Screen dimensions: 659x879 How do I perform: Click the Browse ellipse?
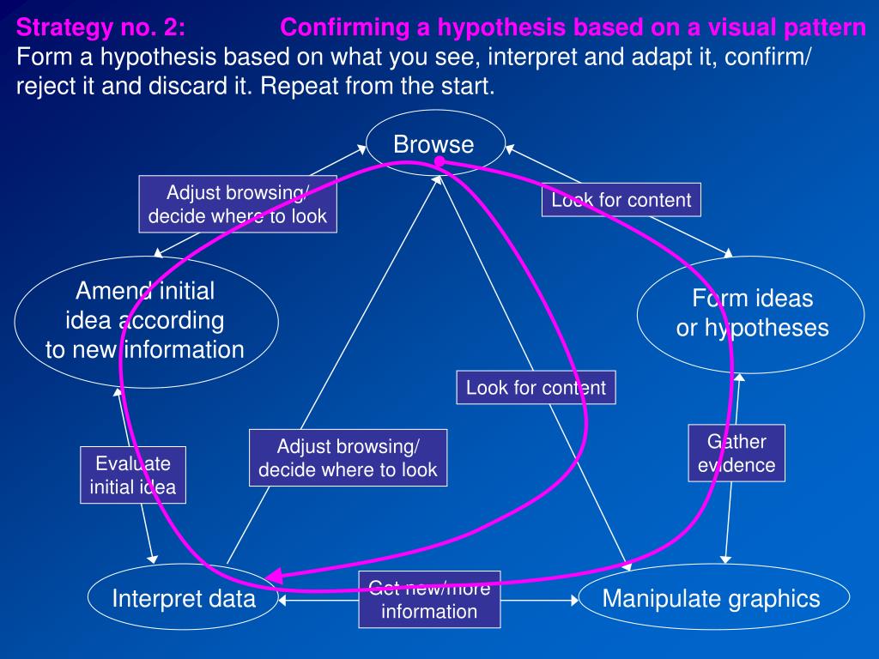[x=433, y=143]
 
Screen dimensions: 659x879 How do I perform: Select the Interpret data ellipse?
[x=184, y=598]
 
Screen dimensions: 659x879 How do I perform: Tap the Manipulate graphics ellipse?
[x=712, y=598]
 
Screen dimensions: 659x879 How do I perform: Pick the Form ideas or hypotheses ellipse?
[x=752, y=313]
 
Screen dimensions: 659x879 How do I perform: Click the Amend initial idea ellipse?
[x=145, y=320]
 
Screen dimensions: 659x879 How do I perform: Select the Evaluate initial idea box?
[x=133, y=475]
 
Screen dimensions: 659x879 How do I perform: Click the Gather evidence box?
[x=737, y=453]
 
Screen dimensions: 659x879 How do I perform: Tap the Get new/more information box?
[x=429, y=599]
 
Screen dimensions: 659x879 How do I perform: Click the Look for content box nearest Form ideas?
[x=621, y=200]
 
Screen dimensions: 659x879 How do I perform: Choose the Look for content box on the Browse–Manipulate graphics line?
[x=536, y=387]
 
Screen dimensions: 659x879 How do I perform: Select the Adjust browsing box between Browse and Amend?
[x=238, y=204]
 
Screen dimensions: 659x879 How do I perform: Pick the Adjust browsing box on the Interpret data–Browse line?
[x=348, y=457]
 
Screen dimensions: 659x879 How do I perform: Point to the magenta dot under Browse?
[x=439, y=162]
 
